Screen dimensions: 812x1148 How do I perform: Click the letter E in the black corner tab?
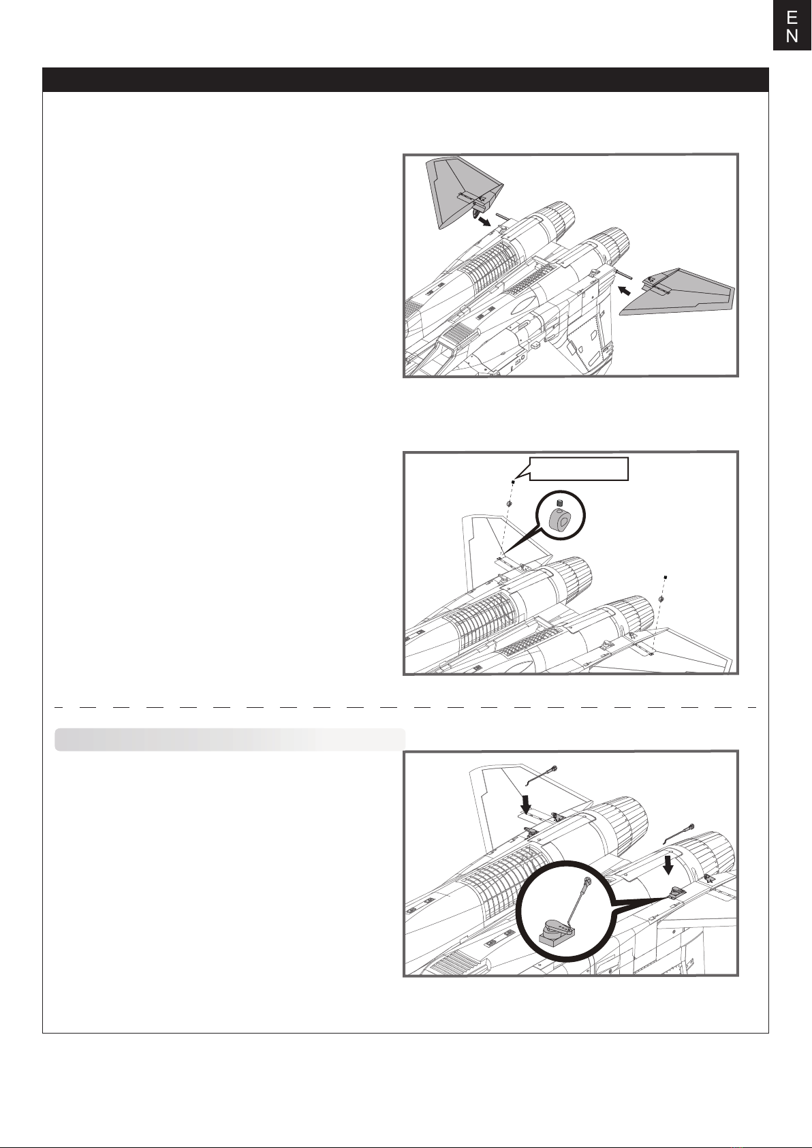pos(792,18)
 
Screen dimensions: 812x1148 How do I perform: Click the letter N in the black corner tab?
pos(792,36)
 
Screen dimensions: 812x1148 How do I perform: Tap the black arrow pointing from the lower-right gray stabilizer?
pos(625,291)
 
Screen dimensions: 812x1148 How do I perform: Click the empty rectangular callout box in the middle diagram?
pos(578,469)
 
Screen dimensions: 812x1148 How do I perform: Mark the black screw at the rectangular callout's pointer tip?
pos(513,482)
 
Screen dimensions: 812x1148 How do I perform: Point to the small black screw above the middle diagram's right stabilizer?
pos(666,577)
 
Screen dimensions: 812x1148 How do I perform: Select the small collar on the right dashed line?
pos(661,599)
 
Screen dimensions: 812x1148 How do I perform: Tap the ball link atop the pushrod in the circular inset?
pos(588,881)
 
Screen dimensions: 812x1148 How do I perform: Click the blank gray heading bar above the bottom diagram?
pos(230,739)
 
